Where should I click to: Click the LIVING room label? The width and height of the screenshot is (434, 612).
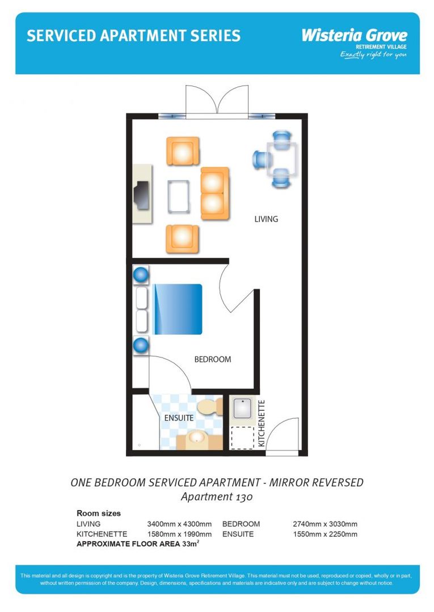click(x=266, y=219)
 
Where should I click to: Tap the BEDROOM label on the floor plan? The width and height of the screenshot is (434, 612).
click(x=213, y=359)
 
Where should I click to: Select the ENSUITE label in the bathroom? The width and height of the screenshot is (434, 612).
click(x=179, y=418)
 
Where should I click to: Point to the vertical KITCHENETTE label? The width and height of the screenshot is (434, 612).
click(x=262, y=424)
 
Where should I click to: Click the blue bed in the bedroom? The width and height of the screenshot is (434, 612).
click(x=176, y=309)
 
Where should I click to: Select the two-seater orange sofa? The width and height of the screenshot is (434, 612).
click(x=214, y=194)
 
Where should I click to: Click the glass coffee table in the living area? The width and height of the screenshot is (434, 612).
click(x=179, y=195)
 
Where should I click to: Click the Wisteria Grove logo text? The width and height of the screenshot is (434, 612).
click(x=354, y=36)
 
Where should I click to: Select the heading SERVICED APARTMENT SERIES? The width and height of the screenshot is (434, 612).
click(x=133, y=36)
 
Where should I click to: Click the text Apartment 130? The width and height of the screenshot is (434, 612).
click(x=216, y=497)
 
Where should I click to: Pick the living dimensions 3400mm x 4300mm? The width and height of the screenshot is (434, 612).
click(x=179, y=524)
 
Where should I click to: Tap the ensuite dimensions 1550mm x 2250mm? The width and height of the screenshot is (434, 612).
click(x=325, y=534)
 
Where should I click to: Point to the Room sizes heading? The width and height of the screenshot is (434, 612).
click(x=99, y=513)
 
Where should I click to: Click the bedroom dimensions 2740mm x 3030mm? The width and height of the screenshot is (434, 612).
click(x=325, y=524)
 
